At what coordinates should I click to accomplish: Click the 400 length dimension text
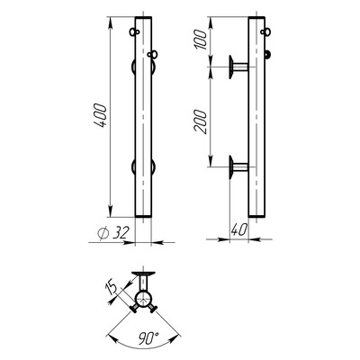pyautogui.click(x=100, y=116)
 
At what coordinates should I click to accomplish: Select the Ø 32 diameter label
pyautogui.click(x=113, y=233)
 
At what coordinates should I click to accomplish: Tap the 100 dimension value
pyautogui.click(x=202, y=40)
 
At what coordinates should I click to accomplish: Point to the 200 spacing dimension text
pyautogui.click(x=201, y=121)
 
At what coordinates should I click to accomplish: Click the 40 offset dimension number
pyautogui.click(x=239, y=229)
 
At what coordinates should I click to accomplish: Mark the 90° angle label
pyautogui.click(x=148, y=337)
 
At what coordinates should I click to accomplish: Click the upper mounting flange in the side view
pyautogui.click(x=238, y=67)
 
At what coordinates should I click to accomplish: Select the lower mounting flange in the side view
pyautogui.click(x=238, y=166)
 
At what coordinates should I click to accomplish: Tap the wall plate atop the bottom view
pyautogui.click(x=143, y=274)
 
